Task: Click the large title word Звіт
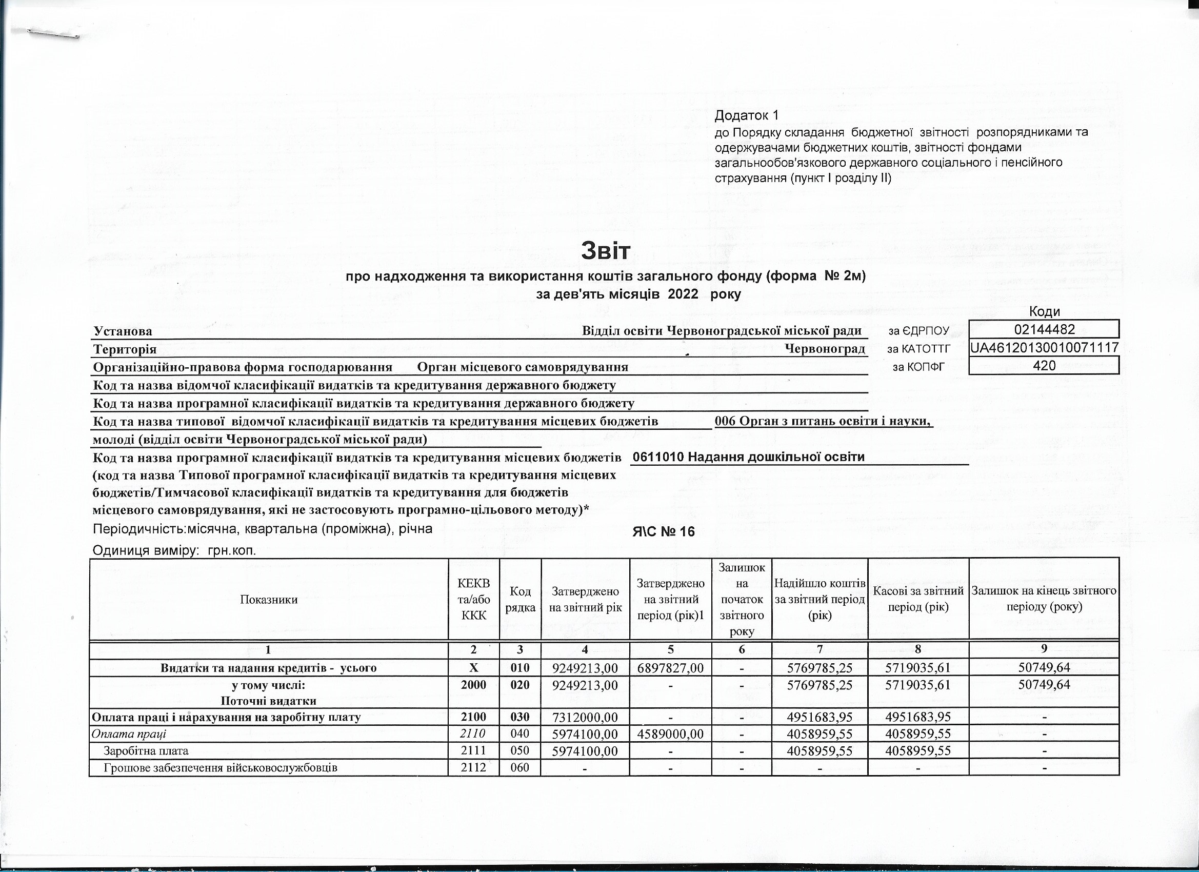605,251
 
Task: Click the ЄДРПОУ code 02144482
1044,330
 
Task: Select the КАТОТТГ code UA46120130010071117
1044,348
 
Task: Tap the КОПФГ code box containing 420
1044,365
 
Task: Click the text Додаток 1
747,115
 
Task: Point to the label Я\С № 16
664,532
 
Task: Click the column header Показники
269,600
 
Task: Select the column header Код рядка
520,600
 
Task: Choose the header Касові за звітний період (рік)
918,600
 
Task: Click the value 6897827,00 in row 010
670,668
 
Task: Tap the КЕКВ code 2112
473,767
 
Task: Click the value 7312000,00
585,718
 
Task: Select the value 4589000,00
670,735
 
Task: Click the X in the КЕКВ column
473,668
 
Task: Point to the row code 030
520,718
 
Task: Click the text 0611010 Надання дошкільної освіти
749,457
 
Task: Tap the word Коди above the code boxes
1044,312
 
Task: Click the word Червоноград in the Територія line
825,349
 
